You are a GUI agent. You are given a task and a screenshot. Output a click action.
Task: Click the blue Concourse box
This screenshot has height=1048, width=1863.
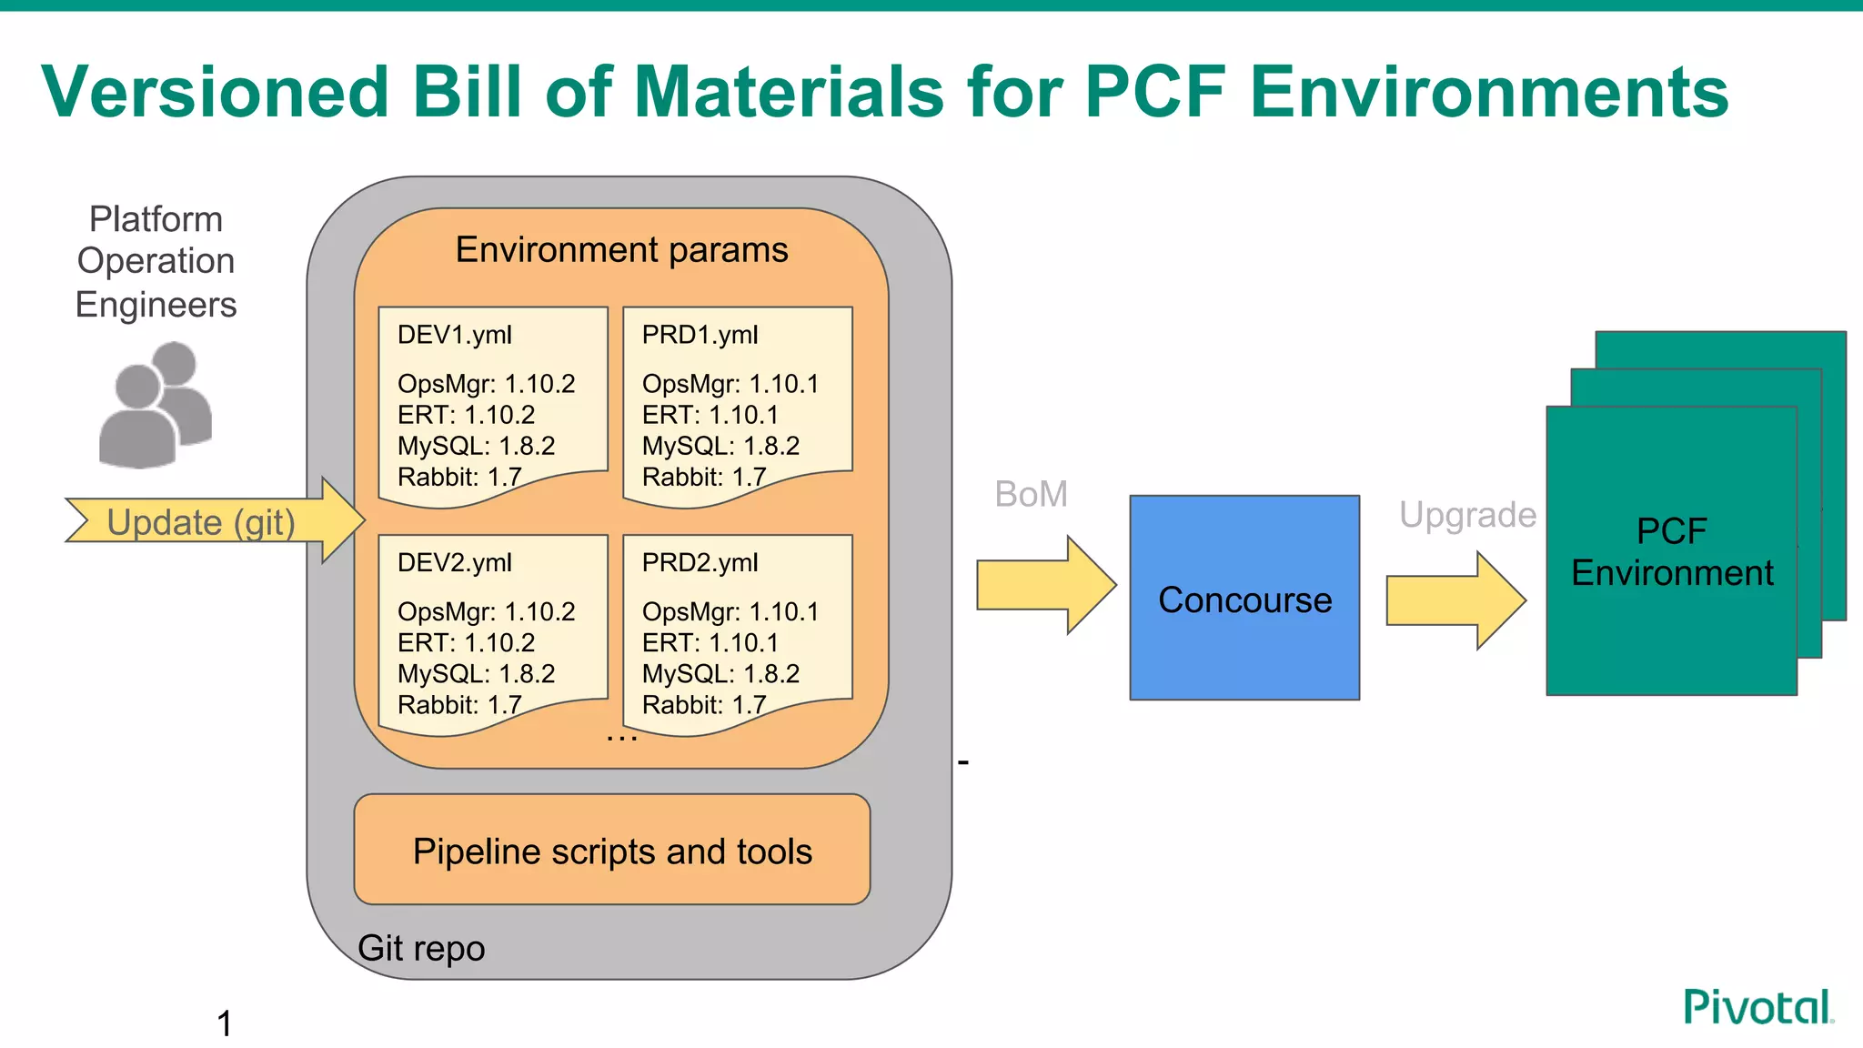pos(1244,598)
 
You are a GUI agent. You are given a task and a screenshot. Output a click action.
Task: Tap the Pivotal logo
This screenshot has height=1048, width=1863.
pos(1757,1008)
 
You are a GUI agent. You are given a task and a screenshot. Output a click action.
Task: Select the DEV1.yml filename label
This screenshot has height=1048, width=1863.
pos(455,335)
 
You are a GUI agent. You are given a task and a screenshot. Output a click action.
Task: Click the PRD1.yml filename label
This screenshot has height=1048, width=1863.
pos(700,335)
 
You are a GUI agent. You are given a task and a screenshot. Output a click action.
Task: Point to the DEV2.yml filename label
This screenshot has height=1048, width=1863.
pos(455,562)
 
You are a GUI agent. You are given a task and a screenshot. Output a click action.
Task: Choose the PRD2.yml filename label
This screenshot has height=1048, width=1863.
pos(700,562)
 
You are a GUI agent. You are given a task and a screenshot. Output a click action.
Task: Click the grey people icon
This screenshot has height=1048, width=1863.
pos(156,405)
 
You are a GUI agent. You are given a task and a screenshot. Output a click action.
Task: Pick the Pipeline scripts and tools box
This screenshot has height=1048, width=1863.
pos(612,851)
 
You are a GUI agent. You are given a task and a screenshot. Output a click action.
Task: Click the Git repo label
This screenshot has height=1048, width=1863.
pos(421,948)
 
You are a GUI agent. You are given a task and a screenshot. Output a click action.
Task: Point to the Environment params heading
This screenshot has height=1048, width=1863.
pos(621,249)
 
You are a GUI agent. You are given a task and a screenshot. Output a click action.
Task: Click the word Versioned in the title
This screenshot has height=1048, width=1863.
pos(216,92)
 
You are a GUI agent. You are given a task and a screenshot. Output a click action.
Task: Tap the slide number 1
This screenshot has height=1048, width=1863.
pos(225,1023)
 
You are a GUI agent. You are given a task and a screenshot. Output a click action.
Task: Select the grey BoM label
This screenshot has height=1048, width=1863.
pos(1031,494)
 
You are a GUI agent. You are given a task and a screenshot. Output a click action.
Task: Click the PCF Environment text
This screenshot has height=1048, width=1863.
pos(1671,551)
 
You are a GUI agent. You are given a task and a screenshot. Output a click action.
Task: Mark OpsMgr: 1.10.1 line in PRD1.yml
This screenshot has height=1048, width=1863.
pos(730,384)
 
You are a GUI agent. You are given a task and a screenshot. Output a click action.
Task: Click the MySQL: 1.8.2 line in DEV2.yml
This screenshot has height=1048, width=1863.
pos(476,673)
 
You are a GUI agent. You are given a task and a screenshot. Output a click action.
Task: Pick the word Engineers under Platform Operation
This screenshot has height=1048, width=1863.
pos(156,304)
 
